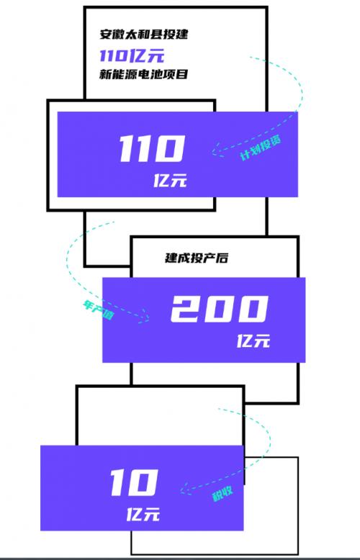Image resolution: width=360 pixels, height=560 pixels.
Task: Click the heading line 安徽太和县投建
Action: coord(143,35)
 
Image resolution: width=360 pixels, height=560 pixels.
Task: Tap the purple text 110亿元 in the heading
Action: coord(132,55)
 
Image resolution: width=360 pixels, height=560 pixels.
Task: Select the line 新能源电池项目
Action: coord(143,74)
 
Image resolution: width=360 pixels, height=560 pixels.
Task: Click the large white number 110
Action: coord(152,148)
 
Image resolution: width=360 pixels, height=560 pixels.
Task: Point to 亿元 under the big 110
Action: coord(170,181)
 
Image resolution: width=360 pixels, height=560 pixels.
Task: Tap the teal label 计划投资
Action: coord(261,147)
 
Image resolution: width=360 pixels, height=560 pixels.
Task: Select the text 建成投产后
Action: coord(196,258)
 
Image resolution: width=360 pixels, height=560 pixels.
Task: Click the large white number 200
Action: coord(219,309)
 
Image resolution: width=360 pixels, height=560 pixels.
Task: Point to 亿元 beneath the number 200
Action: coord(253,341)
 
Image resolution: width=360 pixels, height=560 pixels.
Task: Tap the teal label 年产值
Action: coord(98,310)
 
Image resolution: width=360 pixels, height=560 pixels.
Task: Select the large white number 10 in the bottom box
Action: coord(134,482)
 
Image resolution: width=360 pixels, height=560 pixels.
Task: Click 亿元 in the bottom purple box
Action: coord(143,515)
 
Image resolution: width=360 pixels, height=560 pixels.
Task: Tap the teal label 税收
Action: coord(222,493)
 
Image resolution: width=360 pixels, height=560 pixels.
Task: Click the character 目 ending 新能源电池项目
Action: coord(182,74)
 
